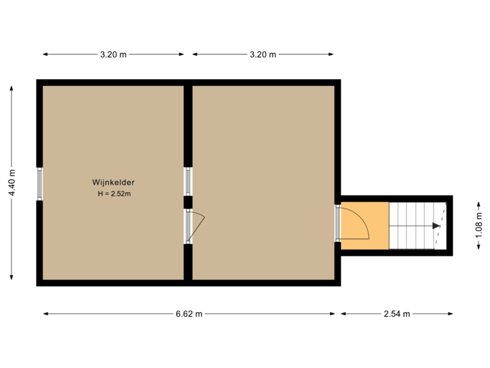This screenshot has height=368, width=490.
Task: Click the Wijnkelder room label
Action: [x=113, y=183]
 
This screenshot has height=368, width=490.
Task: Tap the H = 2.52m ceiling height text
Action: [x=114, y=194]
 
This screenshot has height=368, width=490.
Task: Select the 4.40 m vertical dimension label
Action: [x=12, y=183]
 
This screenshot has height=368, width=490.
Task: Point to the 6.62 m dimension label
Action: [x=189, y=314]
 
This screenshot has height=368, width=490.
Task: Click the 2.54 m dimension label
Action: [x=397, y=314]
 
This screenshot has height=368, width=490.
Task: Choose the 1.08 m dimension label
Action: [x=478, y=225]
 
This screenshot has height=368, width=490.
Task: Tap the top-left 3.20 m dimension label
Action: [x=113, y=55]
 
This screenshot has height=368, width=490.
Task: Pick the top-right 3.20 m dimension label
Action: [x=263, y=55]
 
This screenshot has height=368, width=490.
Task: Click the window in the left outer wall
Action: [x=39, y=184]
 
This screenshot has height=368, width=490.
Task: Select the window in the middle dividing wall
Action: [x=188, y=181]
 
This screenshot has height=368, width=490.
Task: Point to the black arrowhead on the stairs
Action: [x=436, y=226]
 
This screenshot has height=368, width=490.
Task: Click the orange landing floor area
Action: [x=365, y=226]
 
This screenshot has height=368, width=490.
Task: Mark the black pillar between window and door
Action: [x=188, y=202]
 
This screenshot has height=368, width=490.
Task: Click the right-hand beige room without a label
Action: [x=263, y=183]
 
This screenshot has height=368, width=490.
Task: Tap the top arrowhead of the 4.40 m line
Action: [x=12, y=88]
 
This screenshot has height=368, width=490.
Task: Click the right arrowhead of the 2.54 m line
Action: [x=451, y=314]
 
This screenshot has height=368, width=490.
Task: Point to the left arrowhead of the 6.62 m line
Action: [x=46, y=314]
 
